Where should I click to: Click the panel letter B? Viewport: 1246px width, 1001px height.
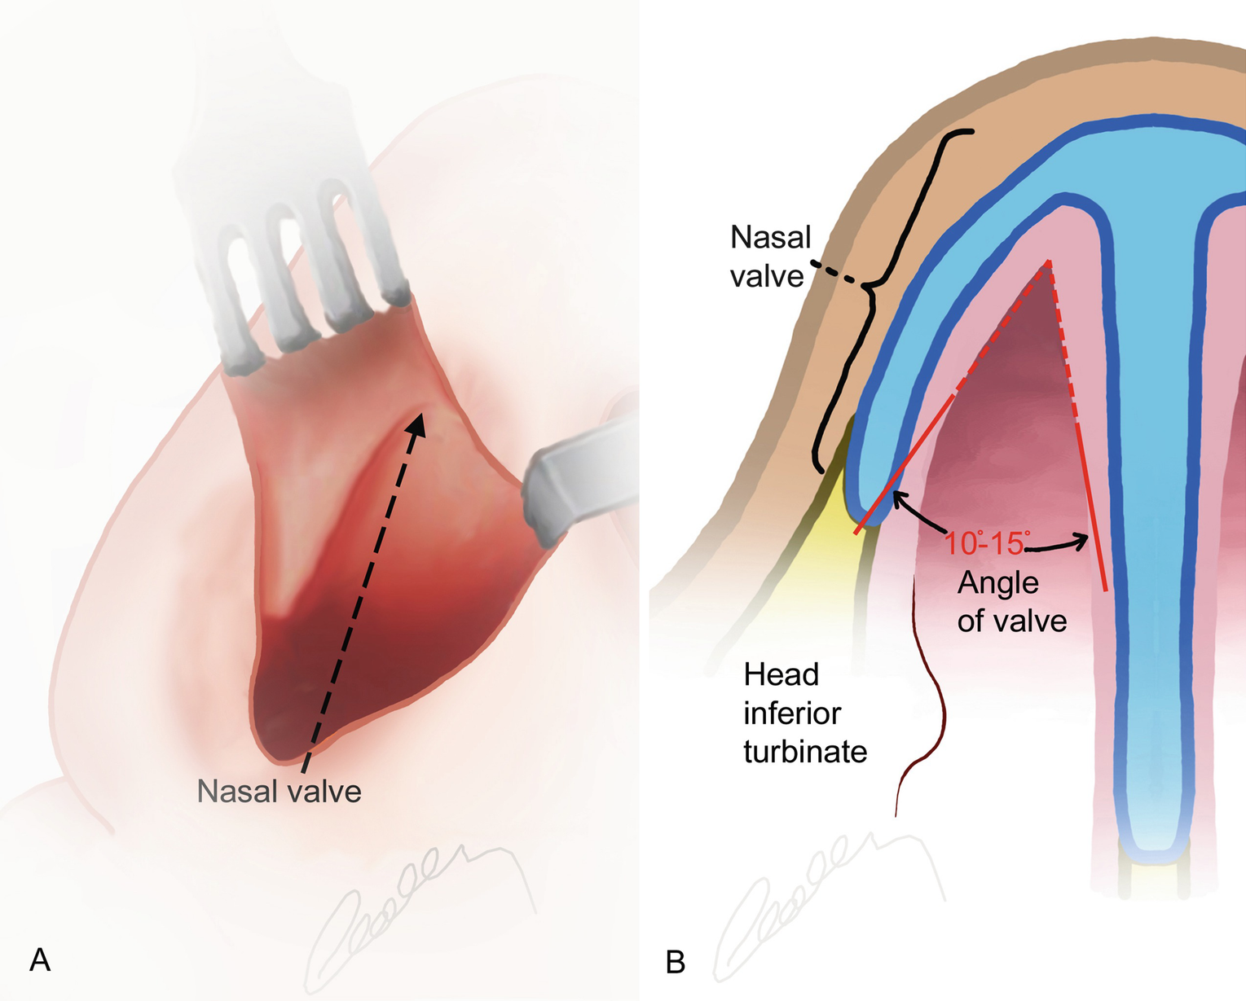click(x=676, y=962)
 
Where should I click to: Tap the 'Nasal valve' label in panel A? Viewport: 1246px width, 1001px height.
click(x=279, y=791)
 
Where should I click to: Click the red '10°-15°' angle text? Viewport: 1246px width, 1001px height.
click(x=985, y=543)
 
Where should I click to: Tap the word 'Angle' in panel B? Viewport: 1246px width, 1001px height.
click(x=997, y=582)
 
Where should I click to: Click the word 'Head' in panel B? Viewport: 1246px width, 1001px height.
click(x=781, y=674)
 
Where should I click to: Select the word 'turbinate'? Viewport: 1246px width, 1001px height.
click(x=804, y=751)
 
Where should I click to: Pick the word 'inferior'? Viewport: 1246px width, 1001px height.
click(x=791, y=713)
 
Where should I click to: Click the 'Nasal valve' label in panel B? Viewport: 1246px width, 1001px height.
click(x=769, y=257)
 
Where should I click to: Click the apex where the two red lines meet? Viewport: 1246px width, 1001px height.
click(x=1048, y=262)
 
